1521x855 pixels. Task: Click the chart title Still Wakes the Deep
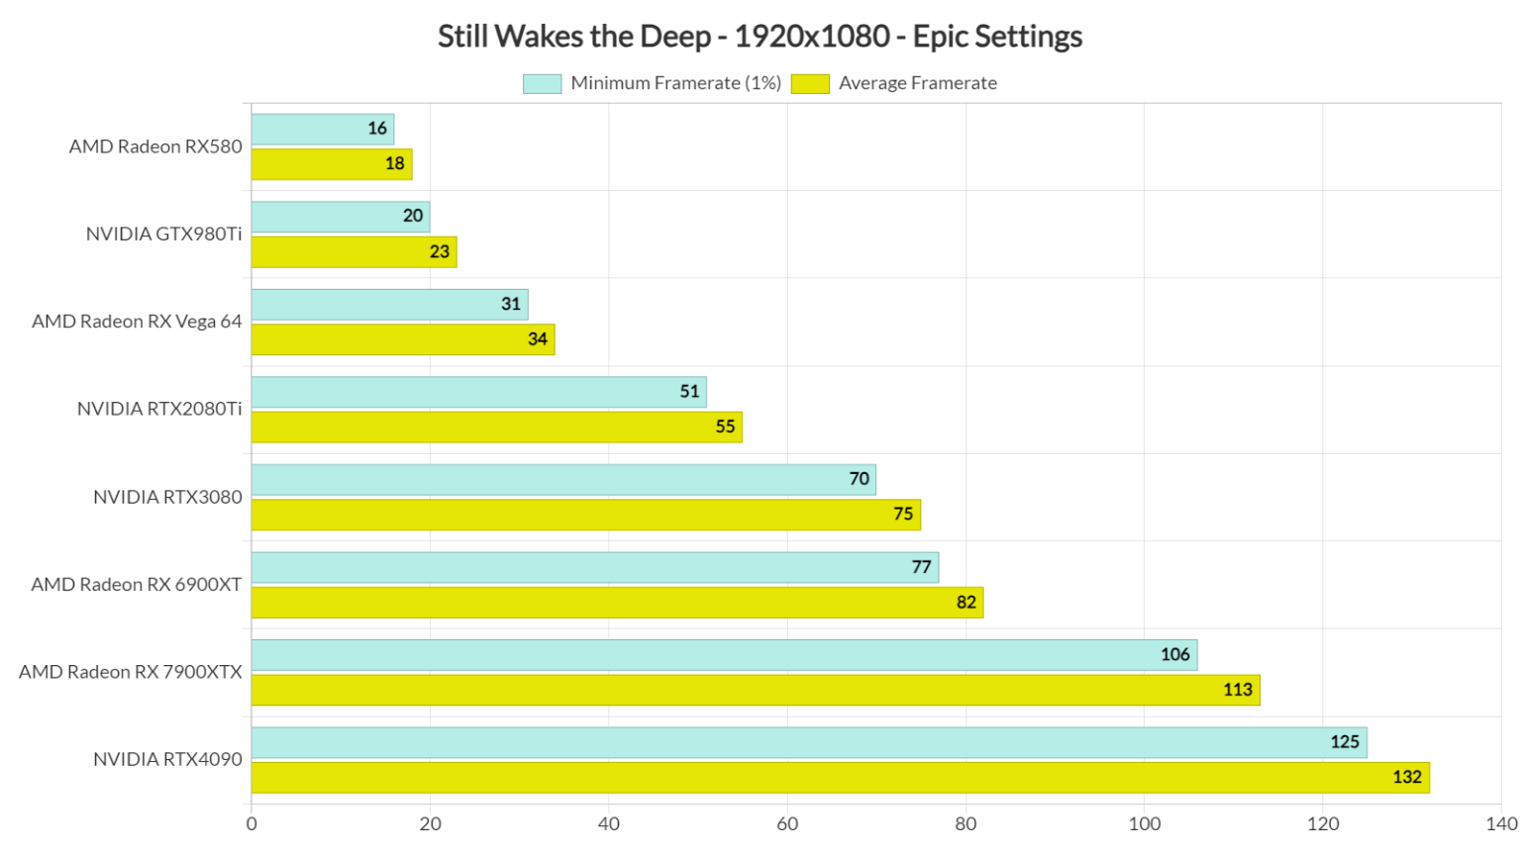[760, 37]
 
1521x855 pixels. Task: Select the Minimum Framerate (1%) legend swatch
[542, 84]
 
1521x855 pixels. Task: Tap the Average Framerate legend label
[917, 84]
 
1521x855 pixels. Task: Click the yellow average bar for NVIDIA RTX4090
[840, 778]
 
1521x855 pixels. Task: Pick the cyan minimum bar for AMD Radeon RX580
[322, 129]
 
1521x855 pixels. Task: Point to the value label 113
[1237, 690]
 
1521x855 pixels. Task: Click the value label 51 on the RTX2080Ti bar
[689, 392]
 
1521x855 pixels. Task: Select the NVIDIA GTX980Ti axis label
[163, 235]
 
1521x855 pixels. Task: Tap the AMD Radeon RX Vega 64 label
[137, 322]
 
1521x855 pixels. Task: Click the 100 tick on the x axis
[1144, 824]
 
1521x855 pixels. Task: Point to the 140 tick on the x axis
[1500, 824]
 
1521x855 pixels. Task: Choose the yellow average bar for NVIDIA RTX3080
[585, 515]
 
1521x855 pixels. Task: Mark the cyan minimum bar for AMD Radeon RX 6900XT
[594, 568]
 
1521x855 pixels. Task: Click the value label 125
[1344, 742]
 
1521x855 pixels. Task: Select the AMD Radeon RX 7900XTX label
[131, 672]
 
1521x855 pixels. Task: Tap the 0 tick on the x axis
[252, 824]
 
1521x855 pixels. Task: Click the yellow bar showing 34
[402, 339]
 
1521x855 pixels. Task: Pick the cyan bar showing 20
[340, 217]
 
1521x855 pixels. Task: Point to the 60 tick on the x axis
[787, 824]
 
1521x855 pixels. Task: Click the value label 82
[965, 603]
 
